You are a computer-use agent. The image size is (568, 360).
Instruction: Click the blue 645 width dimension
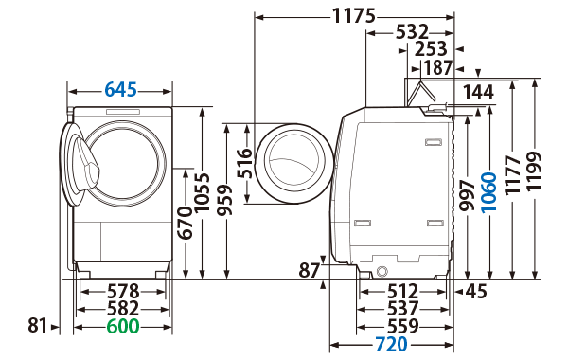pyautogui.click(x=121, y=90)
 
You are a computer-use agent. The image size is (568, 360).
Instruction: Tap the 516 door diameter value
pyautogui.click(x=244, y=163)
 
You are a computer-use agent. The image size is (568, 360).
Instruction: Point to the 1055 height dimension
pyautogui.click(x=203, y=193)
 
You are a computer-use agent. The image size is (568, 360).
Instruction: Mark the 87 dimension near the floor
pyautogui.click(x=310, y=271)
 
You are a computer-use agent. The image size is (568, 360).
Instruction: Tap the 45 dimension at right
pyautogui.click(x=474, y=291)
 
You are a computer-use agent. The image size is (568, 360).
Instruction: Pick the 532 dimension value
pyautogui.click(x=412, y=32)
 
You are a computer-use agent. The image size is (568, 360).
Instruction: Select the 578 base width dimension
pyautogui.click(x=123, y=291)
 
